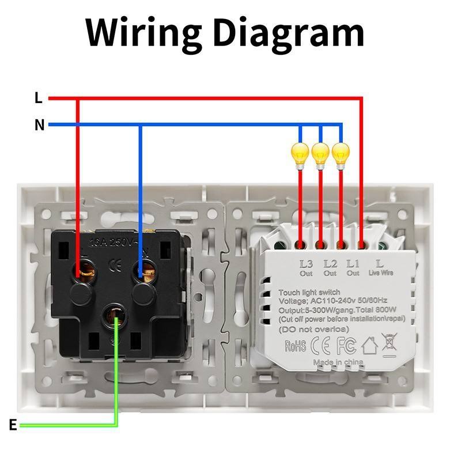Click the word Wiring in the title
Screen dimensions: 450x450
146,32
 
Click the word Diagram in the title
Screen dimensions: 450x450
290,32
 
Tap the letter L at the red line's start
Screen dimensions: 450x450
39,99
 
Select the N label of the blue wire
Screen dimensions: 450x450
39,125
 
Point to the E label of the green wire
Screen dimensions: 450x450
13,426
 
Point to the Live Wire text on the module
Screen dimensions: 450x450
381,273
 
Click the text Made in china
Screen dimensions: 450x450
338,362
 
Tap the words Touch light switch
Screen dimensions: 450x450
309,293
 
